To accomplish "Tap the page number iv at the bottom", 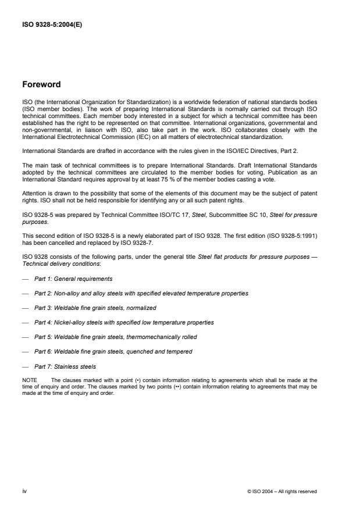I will coord(24,491).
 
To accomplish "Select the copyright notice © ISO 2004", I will coord(281,491).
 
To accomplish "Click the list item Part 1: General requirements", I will coord(73,279).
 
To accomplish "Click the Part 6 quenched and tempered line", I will coord(113,351).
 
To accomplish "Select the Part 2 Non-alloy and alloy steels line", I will coord(141,293).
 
